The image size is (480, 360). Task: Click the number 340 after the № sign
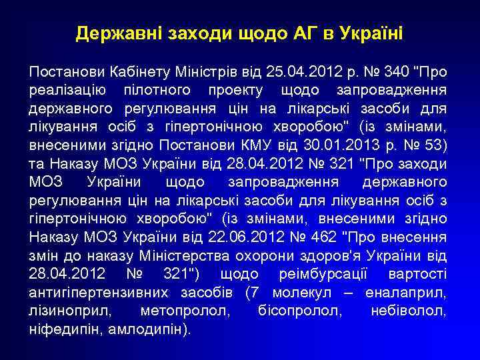393,71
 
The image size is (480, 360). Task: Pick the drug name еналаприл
407,293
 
